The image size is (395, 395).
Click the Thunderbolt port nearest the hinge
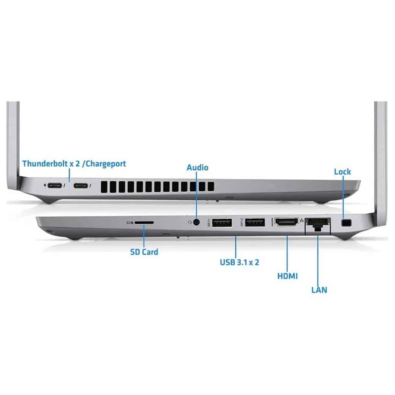pyautogui.click(x=55, y=186)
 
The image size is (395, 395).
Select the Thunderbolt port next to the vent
pyautogui.click(x=81, y=186)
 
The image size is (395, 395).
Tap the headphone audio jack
pyautogui.click(x=196, y=222)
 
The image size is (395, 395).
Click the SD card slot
pyautogui.click(x=144, y=223)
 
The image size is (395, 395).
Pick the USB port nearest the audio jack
pyautogui.click(x=222, y=223)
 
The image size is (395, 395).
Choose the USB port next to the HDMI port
pyautogui.click(x=255, y=223)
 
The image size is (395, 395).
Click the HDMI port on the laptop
pyautogui.click(x=287, y=222)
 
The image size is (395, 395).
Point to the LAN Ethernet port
pyautogui.click(x=318, y=225)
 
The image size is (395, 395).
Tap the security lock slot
pyautogui.click(x=347, y=223)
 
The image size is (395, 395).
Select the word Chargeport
pyautogui.click(x=106, y=164)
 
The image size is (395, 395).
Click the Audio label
pyautogui.click(x=197, y=167)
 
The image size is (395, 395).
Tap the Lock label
pyautogui.click(x=343, y=172)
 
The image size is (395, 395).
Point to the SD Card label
pyautogui.click(x=144, y=252)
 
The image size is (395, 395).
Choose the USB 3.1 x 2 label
pyautogui.click(x=239, y=262)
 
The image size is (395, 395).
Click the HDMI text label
pyautogui.click(x=287, y=276)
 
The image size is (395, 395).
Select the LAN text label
pyautogui.click(x=319, y=290)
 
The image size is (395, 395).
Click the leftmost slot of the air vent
pyautogui.click(x=104, y=187)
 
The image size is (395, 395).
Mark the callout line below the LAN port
pyautogui.click(x=318, y=260)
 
